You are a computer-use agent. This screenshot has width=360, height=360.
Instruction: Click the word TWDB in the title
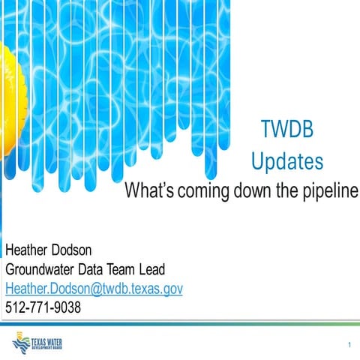(286, 130)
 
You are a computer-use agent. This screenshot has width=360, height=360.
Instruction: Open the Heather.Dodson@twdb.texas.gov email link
(94, 288)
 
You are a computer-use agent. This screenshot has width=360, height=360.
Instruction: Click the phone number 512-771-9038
(43, 307)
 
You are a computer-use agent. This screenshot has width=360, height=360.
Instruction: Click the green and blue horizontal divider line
(180, 324)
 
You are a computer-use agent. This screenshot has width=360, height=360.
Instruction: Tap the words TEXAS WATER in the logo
(46, 342)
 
